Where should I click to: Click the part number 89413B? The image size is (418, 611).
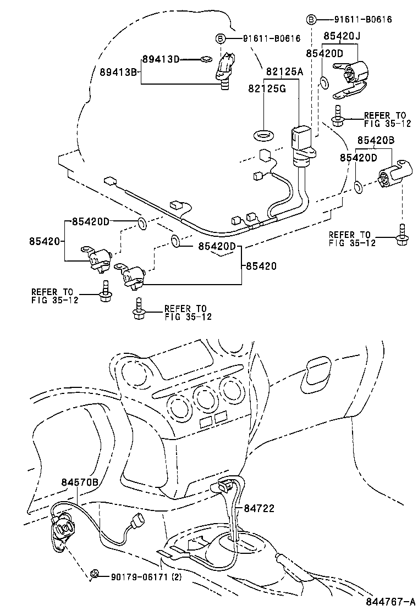118,71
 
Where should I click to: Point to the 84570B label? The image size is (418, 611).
79,482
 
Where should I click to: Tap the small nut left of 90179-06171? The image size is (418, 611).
95,574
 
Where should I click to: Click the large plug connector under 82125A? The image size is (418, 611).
300,140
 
